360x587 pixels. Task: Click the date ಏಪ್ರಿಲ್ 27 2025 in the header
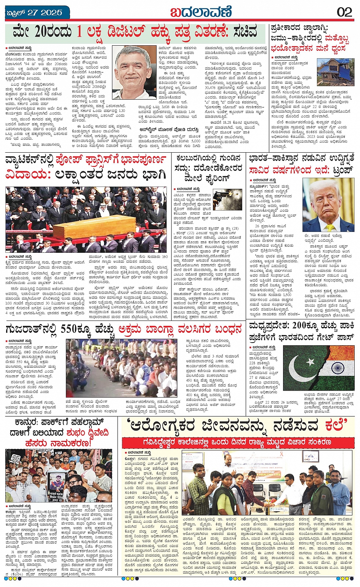35,13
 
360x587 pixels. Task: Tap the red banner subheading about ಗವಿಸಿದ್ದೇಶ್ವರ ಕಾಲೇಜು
237,442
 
